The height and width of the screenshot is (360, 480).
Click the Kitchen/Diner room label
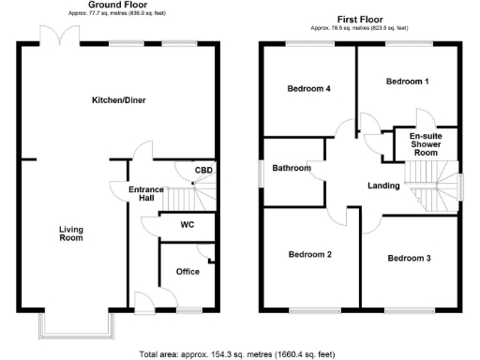coord(118,99)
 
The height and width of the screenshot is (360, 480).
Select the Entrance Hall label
coord(146,194)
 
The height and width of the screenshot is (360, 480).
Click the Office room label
coord(187,272)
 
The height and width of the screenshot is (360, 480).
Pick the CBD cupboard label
coord(202,171)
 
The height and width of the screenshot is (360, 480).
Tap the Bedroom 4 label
coord(309,89)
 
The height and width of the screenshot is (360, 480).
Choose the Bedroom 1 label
coord(408,82)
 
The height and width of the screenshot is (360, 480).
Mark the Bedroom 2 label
coord(310,254)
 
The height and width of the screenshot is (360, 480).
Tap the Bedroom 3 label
coord(410,258)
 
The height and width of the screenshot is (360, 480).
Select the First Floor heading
coord(362,19)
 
